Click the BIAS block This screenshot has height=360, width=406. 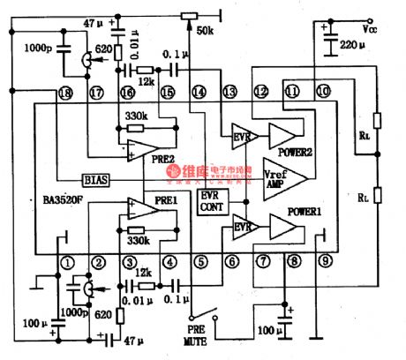pos(96,179)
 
